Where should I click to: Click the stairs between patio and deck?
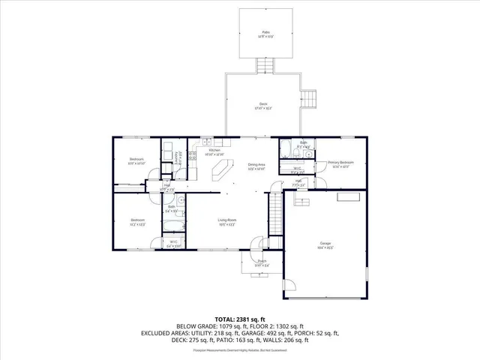pos(263,67)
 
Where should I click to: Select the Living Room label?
pos(227,220)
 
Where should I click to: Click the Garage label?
pos(325,244)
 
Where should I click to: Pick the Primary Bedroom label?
pos(340,163)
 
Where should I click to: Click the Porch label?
pos(261,261)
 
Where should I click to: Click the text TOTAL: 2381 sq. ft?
pos(239,319)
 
